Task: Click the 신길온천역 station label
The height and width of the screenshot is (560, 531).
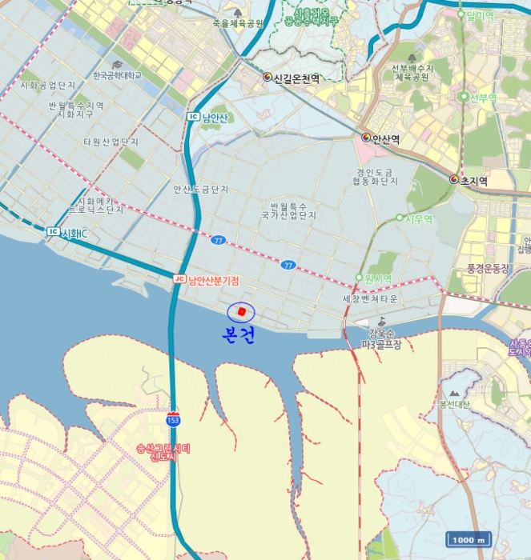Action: [x=296, y=78]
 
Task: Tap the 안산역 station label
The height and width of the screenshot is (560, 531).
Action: [x=386, y=138]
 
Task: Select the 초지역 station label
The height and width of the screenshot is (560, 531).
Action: [x=474, y=181]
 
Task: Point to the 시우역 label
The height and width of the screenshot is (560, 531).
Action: [x=419, y=218]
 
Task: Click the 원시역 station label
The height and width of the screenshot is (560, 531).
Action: [x=377, y=278]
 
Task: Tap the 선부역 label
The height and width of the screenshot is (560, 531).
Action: [x=482, y=97]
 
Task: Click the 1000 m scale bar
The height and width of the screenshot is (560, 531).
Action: [x=469, y=539]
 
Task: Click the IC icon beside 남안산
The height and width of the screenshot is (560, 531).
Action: [x=192, y=118]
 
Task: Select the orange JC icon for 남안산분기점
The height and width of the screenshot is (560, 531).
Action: [x=179, y=279]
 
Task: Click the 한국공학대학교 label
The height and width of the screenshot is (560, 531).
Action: [x=117, y=75]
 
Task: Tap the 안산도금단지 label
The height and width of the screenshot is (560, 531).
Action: [x=201, y=190]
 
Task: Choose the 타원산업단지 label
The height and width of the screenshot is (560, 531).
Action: [x=111, y=142]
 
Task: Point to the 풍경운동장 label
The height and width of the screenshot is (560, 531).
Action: [x=482, y=268]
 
